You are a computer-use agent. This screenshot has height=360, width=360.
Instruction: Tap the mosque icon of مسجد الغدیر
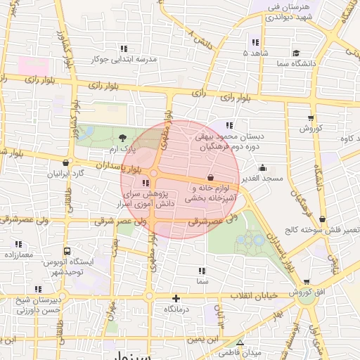click(x=263, y=167)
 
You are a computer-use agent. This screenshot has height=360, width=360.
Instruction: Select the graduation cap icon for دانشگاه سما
click(x=296, y=53)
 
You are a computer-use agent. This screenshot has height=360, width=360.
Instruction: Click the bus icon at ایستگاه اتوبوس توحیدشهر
click(x=67, y=250)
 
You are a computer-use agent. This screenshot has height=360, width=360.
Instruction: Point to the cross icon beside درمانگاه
click(x=176, y=298)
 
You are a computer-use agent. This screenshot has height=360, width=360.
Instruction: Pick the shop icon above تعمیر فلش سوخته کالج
click(x=322, y=219)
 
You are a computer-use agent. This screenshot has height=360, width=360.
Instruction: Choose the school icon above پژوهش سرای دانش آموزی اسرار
click(x=146, y=183)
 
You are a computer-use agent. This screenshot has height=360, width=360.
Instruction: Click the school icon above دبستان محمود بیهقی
click(x=229, y=125)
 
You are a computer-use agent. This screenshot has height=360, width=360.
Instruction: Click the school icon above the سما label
click(x=202, y=271)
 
